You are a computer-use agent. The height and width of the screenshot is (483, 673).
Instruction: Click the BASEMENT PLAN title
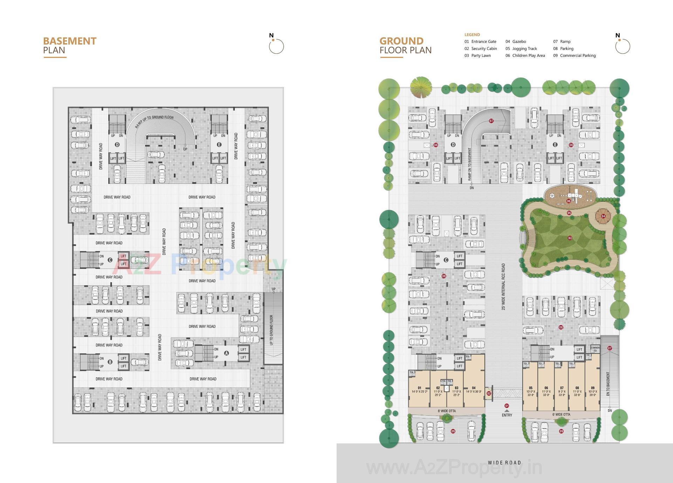[x=69, y=46]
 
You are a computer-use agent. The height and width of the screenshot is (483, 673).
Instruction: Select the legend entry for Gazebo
[x=516, y=41]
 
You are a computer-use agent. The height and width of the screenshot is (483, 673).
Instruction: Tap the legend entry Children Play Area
[x=525, y=55]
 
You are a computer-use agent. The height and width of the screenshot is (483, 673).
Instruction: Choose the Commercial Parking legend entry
[x=575, y=55]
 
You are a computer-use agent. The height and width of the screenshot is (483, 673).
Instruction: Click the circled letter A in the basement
[x=226, y=353]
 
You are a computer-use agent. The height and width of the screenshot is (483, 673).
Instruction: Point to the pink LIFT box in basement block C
[x=123, y=256]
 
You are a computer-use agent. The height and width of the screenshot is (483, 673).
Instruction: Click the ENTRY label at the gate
[x=507, y=415]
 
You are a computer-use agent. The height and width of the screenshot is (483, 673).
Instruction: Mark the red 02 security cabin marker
[x=489, y=394]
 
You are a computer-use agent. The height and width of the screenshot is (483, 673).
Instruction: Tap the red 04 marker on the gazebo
[x=603, y=216]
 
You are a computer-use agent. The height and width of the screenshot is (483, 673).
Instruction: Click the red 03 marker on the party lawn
[x=570, y=238]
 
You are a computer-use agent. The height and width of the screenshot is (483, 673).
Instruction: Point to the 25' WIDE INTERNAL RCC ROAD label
[x=503, y=286]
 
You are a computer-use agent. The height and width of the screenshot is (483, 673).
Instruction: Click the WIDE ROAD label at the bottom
[x=504, y=463]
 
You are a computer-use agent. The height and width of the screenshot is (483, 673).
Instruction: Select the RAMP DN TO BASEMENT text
[x=470, y=164]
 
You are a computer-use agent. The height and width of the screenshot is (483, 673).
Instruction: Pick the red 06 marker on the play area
[x=569, y=201]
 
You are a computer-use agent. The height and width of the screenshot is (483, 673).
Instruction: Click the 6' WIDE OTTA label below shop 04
[x=447, y=411]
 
